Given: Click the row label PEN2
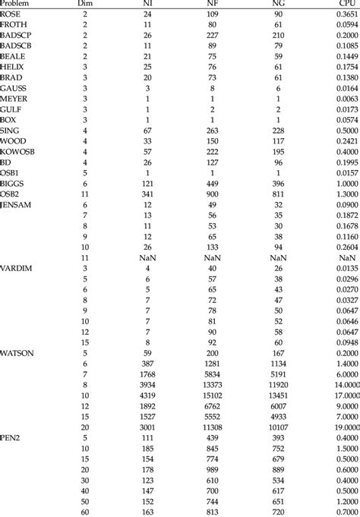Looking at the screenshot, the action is click(11, 439).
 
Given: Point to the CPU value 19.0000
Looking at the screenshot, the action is click(344, 427).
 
